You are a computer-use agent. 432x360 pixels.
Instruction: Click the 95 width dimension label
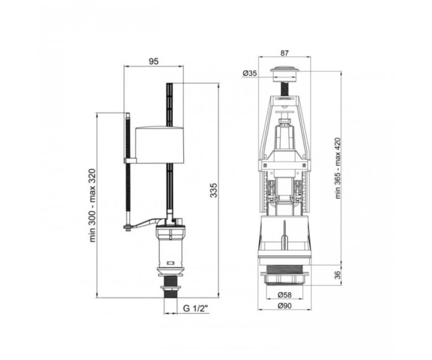point(154,61)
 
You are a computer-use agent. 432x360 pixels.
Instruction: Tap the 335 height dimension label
point(214,190)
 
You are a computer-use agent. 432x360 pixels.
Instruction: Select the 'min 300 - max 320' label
point(92,205)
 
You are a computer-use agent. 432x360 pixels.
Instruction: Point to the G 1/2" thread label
point(196,308)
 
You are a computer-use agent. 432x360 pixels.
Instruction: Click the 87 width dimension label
point(284,53)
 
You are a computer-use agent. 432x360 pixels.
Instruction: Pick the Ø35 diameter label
point(250,73)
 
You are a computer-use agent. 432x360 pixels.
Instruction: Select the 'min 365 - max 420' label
point(338,168)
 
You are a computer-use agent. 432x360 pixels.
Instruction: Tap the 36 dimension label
point(338,275)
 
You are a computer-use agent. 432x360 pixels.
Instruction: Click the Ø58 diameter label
point(284,295)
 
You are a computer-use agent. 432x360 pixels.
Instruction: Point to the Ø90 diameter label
point(284,306)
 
